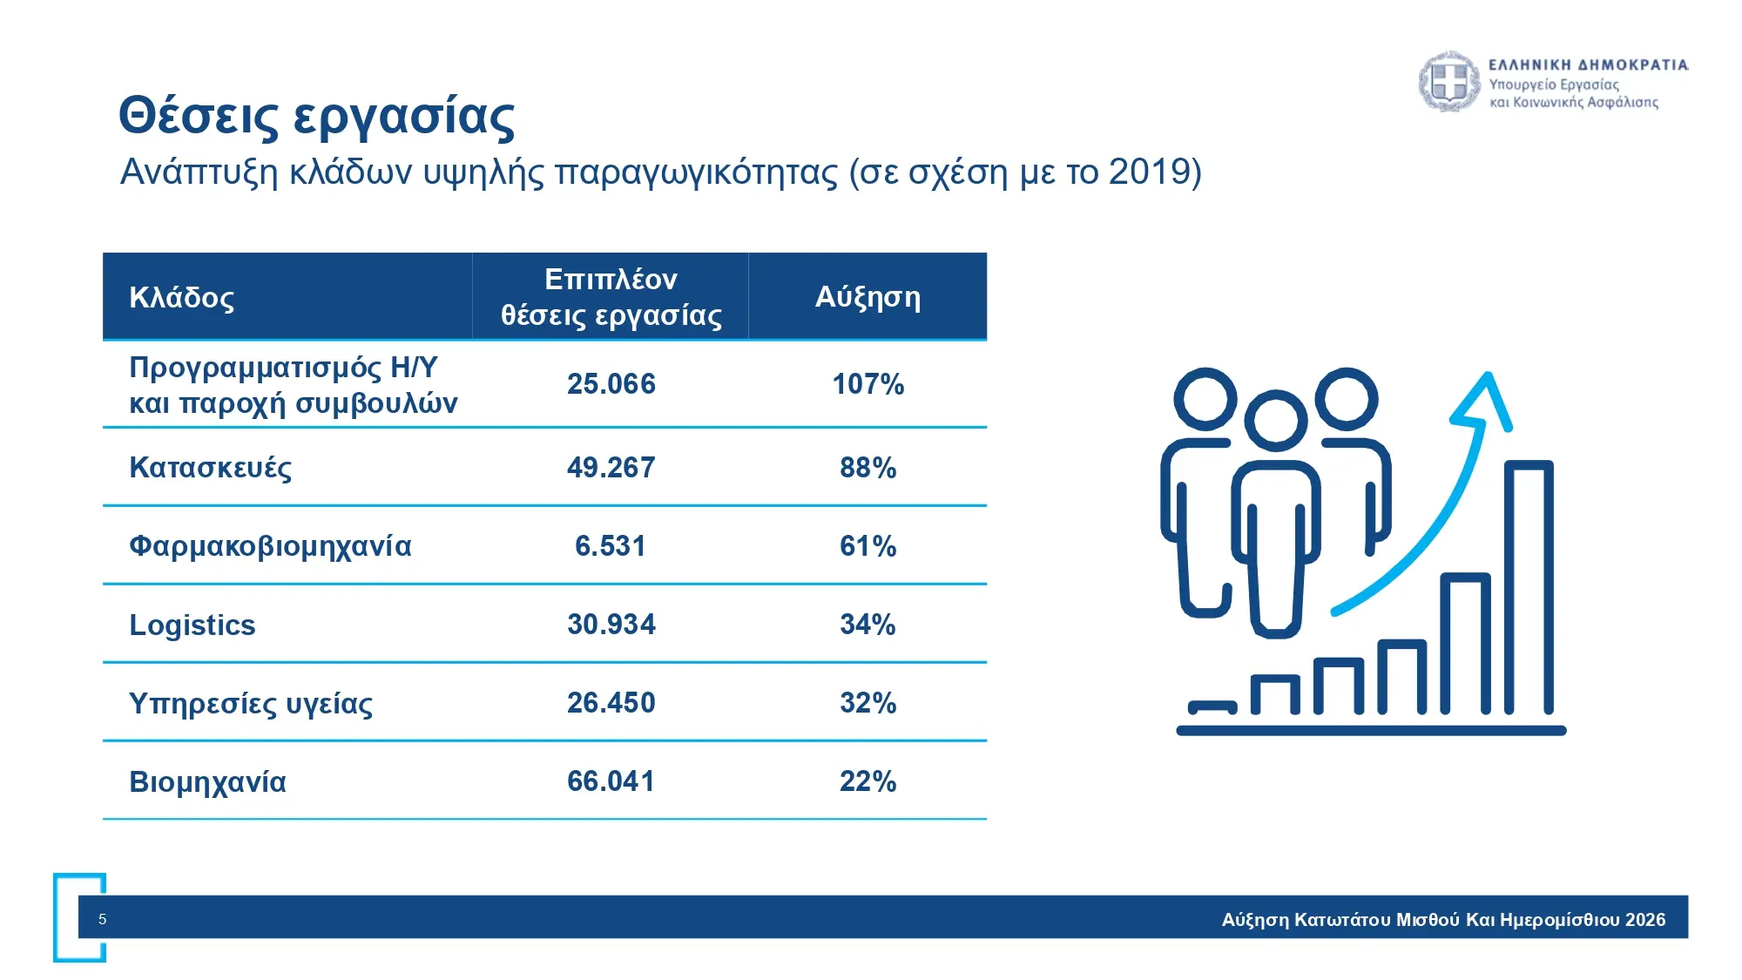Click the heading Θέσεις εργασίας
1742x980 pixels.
[x=317, y=116]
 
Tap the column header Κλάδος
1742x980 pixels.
[x=181, y=298]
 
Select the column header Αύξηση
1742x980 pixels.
[x=868, y=297]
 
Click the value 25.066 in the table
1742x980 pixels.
[x=611, y=384]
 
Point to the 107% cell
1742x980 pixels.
[x=868, y=384]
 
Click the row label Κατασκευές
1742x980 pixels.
[x=210, y=468]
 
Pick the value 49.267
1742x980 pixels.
[x=611, y=468]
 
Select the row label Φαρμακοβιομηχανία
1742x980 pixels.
[x=270, y=546]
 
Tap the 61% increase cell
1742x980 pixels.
[x=868, y=546]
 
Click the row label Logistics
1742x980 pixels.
[x=192, y=625]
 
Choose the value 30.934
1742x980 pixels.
[x=611, y=625]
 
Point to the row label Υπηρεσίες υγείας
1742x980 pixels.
[x=251, y=704]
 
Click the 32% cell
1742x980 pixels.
[x=868, y=703]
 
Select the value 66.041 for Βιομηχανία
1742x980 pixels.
[x=611, y=781]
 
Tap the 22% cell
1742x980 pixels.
[x=868, y=781]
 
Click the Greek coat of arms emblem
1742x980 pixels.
[x=1448, y=82]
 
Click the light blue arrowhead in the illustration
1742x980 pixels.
[x=1485, y=401]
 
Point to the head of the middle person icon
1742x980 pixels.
[x=1276, y=420]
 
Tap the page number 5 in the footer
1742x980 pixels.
[x=103, y=919]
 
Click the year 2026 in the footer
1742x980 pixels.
[x=1644, y=920]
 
